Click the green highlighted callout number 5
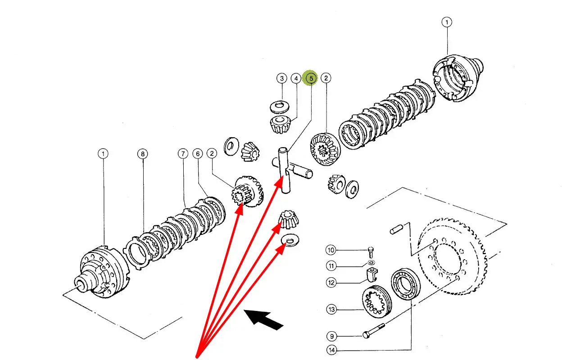(x=311, y=78)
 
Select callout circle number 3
(x=281, y=78)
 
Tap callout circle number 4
(x=296, y=78)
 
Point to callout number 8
(x=142, y=154)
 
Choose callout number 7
(x=182, y=154)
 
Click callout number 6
(x=197, y=154)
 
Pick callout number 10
(x=331, y=250)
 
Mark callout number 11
(x=331, y=266)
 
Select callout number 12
(x=331, y=283)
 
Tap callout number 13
(x=331, y=309)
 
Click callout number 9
(x=331, y=336)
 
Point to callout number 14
(x=331, y=350)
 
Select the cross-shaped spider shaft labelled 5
(x=285, y=171)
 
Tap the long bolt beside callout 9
(x=374, y=333)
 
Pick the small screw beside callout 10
(x=371, y=250)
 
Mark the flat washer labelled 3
(x=279, y=107)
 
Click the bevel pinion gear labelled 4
(x=279, y=123)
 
